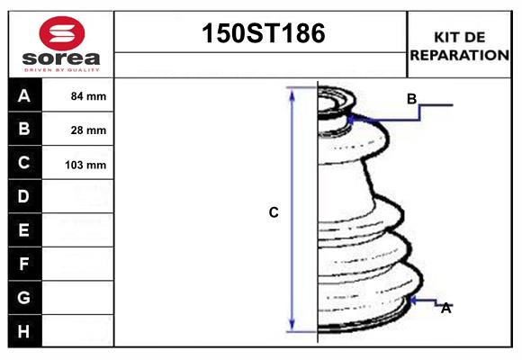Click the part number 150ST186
[261, 34]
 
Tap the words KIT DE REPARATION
[459, 45]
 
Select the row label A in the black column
[24, 95]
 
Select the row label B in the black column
[24, 129]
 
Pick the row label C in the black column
[24, 163]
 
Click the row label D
[24, 196]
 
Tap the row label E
[24, 230]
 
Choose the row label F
[24, 264]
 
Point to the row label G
[24, 297]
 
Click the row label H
[24, 331]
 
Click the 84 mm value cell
[88, 96]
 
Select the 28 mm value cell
[88, 130]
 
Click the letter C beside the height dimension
[274, 212]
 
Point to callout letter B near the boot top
[411, 99]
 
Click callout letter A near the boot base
[445, 308]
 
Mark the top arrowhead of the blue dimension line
[292, 92]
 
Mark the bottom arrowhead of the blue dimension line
[292, 327]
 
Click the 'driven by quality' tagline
[60, 69]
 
